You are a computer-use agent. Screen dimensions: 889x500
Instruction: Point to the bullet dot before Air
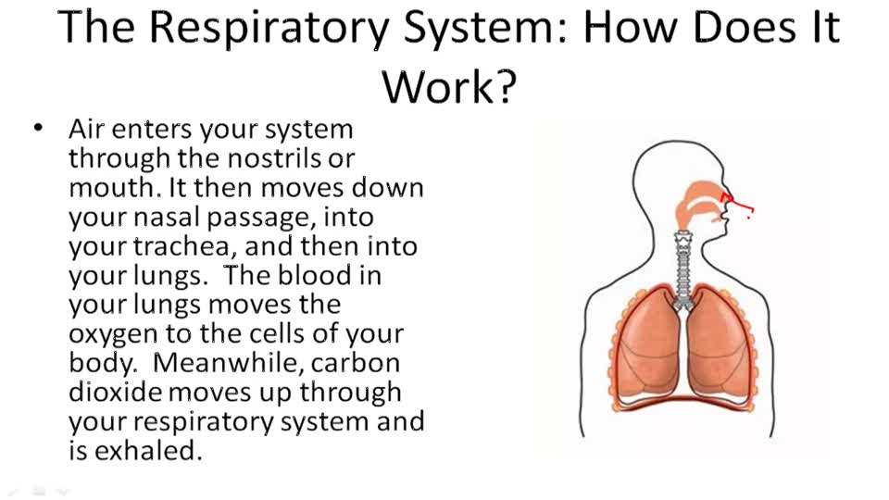[x=38, y=129]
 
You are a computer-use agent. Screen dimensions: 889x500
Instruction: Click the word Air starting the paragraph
[x=88, y=129]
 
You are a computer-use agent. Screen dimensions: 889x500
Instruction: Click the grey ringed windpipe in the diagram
[x=684, y=269]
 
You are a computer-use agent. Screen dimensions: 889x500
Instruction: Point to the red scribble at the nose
[x=738, y=204]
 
